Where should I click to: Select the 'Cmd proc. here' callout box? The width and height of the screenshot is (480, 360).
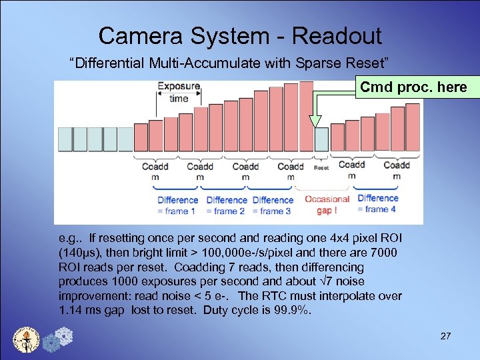413,87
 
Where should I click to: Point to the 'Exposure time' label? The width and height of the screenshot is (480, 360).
178,92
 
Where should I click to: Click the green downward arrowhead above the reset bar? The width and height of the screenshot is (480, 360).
315,121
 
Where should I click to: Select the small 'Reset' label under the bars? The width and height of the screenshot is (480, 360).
321,168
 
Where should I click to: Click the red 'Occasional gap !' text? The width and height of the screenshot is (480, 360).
327,204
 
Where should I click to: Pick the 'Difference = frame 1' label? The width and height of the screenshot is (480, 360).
177,205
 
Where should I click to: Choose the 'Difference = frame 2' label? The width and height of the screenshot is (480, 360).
226,205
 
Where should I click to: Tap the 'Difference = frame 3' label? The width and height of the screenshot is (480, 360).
273,205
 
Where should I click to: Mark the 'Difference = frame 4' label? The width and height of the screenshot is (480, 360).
377,203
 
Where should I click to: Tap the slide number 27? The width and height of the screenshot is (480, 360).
446,336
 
